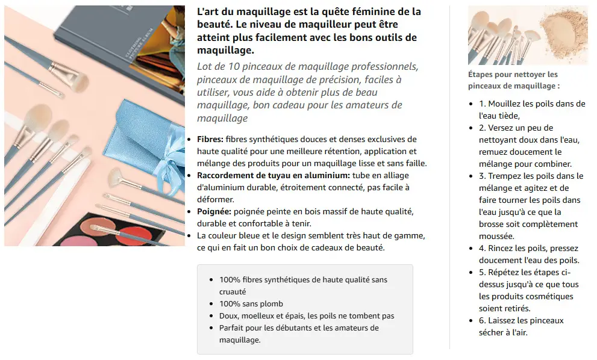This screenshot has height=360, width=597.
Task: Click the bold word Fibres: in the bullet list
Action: point(210,139)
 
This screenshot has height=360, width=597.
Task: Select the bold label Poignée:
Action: point(214,211)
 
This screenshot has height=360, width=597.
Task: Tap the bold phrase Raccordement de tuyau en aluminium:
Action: point(273,175)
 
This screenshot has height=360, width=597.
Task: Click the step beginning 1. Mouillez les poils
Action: point(532,110)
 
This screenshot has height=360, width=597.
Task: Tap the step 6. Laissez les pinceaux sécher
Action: point(521,326)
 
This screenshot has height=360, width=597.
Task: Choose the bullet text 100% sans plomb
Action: point(251,303)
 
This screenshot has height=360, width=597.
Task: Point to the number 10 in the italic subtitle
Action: point(234,67)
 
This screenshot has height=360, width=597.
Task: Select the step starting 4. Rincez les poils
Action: point(529,254)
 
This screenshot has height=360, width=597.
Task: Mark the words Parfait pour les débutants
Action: point(270,328)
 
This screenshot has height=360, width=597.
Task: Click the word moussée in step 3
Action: point(496,237)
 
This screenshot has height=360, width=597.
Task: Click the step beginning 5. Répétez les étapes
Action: point(529,290)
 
